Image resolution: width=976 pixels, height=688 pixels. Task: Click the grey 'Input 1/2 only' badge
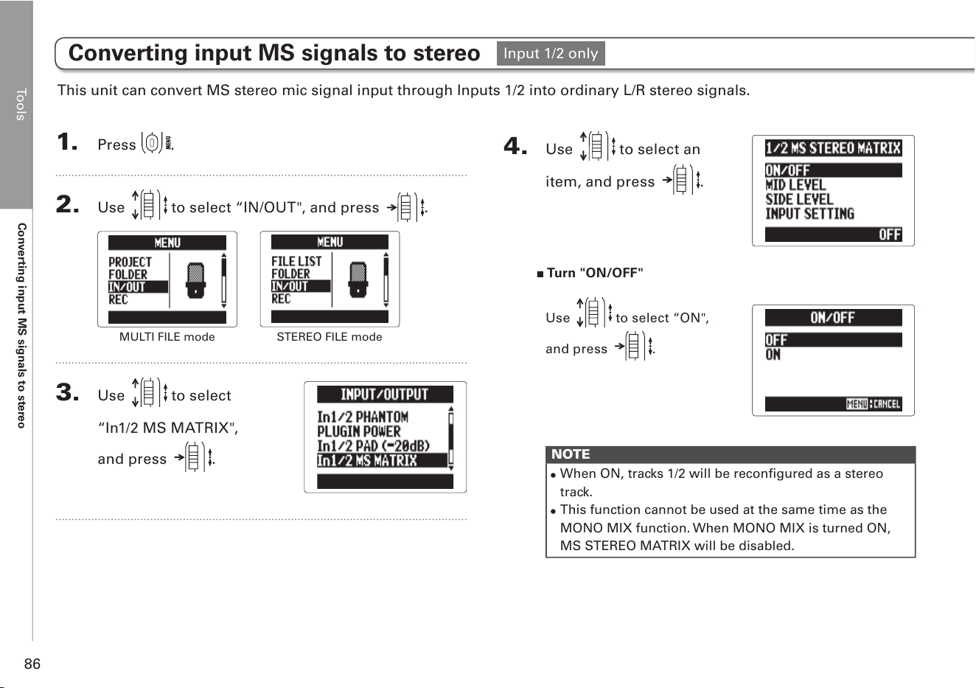551,54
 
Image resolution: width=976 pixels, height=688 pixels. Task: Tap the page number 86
32,664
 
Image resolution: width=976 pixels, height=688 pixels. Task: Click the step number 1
67,142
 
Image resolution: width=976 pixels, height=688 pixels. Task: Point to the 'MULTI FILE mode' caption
167,336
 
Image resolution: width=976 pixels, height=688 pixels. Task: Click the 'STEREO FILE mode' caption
330,336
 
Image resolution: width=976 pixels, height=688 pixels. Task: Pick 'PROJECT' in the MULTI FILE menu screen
130,262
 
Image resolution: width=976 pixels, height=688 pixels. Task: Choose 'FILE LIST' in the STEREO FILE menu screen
296,261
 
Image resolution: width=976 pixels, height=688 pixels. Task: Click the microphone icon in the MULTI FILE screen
195,281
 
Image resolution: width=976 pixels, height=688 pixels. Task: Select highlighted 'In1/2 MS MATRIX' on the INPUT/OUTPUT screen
367,460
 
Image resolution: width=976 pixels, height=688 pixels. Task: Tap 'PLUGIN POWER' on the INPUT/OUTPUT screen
358,431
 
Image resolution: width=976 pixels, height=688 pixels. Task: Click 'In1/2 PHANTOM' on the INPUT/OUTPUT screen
363,417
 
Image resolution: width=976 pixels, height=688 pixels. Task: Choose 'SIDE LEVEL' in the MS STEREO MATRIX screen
799,199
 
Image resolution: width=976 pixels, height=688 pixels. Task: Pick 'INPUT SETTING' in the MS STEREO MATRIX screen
809,214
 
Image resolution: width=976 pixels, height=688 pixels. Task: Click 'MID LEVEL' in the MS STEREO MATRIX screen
795,185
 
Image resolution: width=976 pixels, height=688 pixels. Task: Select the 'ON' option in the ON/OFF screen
773,355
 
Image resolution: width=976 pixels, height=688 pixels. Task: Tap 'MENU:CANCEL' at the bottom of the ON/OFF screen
874,404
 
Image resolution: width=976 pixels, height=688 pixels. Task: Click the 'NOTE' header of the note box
571,454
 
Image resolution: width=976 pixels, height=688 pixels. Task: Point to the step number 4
515,145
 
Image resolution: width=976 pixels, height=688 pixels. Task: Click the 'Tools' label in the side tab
21,105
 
